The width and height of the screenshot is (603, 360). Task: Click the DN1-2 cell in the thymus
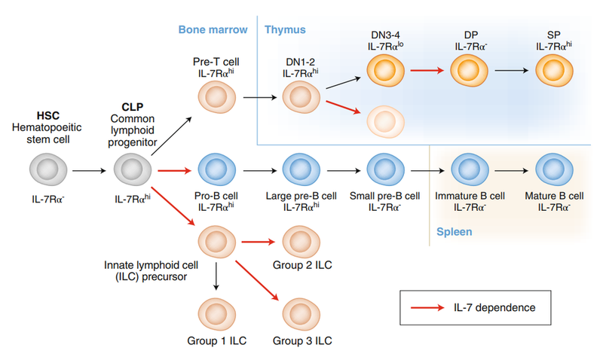coord(301,98)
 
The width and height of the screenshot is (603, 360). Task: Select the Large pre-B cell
coord(301,172)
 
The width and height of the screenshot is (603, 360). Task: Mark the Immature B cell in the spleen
coord(470,172)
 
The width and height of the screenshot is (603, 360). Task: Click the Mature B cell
coord(554,172)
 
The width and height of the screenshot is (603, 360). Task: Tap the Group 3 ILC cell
coord(301,310)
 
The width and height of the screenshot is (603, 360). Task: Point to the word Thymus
coord(285,30)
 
